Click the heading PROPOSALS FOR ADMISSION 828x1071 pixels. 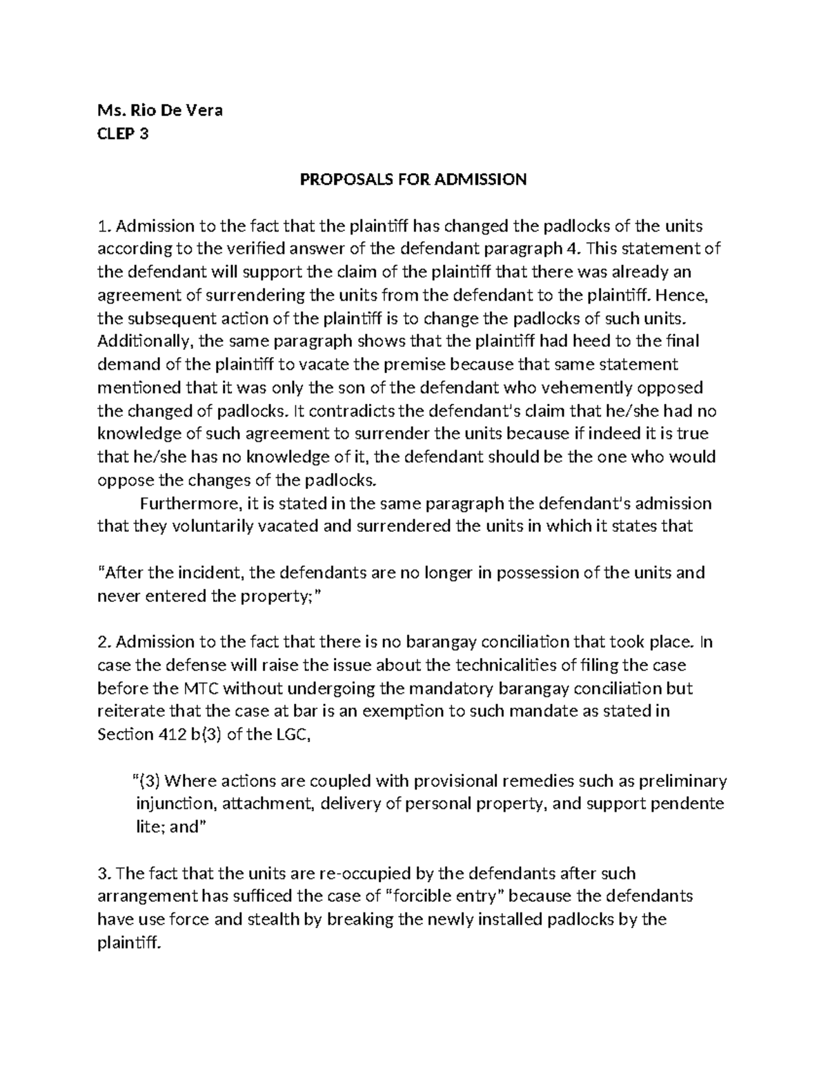tap(413, 180)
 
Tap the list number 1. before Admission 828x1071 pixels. tap(103, 226)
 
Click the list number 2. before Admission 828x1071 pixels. tap(104, 643)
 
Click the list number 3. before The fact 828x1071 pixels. tap(104, 874)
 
